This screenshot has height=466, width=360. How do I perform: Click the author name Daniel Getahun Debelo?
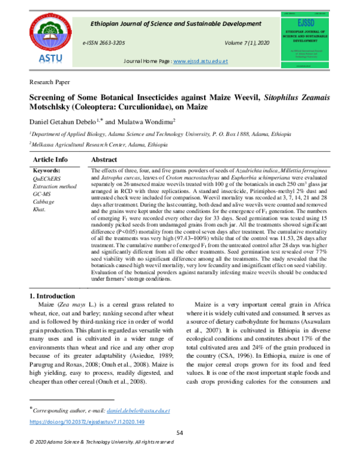point(62,121)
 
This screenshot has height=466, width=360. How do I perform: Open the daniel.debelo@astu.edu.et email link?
point(138,411)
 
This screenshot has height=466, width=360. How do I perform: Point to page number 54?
point(179,434)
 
